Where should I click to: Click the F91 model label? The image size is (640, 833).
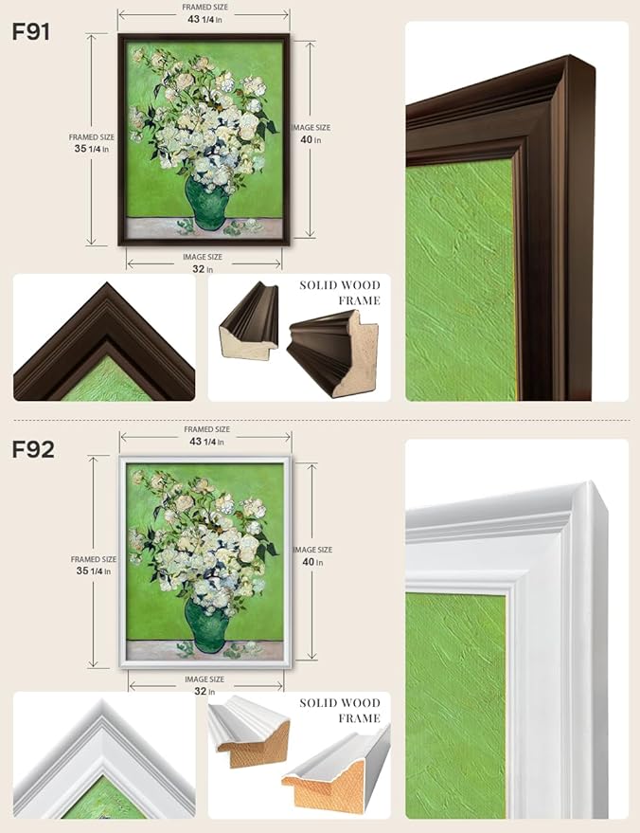[x=31, y=32]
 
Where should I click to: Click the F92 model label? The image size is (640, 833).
[x=33, y=450]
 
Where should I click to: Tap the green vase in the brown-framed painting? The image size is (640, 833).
[x=207, y=204]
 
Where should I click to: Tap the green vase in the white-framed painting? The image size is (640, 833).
[x=208, y=625]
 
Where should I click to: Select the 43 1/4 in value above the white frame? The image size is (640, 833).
[x=206, y=442]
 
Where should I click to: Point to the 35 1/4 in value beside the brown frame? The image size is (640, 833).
[x=91, y=149]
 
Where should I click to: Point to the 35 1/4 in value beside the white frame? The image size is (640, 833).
[x=94, y=571]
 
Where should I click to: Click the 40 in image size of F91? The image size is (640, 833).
[x=311, y=139]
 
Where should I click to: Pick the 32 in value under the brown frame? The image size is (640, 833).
[x=203, y=269]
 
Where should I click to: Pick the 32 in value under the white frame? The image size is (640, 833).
[x=204, y=691]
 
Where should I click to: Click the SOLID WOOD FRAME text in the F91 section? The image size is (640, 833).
[x=340, y=293]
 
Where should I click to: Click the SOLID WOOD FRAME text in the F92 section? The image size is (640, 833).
[x=340, y=711]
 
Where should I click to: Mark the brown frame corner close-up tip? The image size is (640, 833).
[x=107, y=282]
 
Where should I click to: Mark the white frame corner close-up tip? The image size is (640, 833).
[x=102, y=700]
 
